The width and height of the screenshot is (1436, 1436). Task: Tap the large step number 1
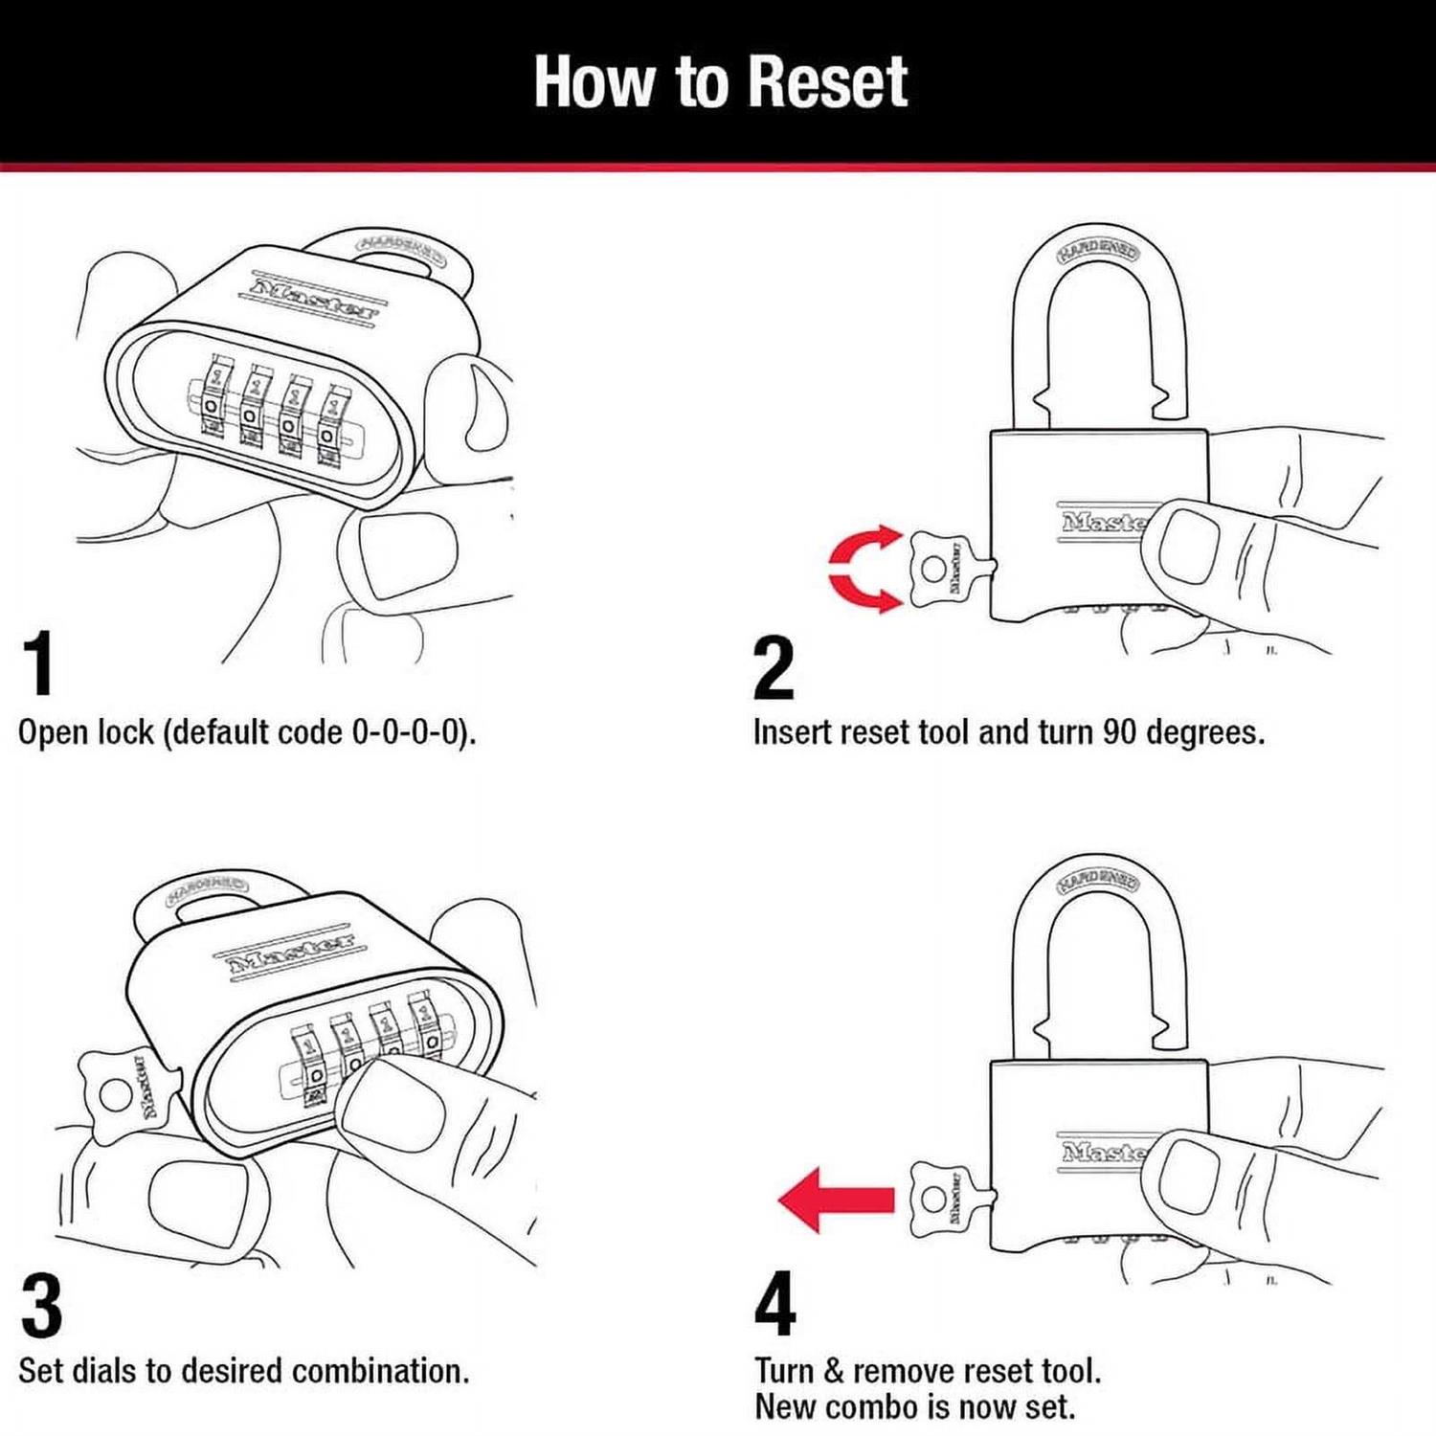(x=39, y=663)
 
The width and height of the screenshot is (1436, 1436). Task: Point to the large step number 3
(x=41, y=1306)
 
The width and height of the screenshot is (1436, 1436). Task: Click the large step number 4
(x=774, y=1304)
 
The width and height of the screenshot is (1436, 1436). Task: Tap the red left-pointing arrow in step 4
(x=835, y=1199)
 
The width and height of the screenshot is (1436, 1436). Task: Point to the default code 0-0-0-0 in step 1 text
(x=410, y=732)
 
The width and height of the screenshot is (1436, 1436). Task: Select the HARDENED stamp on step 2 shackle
(x=1098, y=252)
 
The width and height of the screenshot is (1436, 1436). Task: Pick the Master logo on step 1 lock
(x=314, y=297)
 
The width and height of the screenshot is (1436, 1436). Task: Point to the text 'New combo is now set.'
(x=914, y=1407)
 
